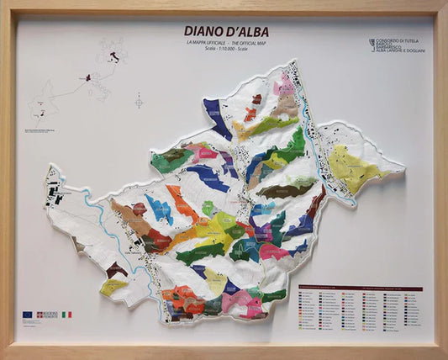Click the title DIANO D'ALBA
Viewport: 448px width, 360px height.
coord(227,32)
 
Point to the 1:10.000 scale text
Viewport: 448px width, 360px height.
coord(227,49)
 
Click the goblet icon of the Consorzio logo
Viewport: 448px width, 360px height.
coord(372,44)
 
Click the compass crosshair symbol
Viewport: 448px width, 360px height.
coord(139,101)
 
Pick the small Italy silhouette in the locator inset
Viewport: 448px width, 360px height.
coord(112,56)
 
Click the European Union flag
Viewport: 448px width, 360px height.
coord(27,315)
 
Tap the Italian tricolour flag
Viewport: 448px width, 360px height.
coord(66,315)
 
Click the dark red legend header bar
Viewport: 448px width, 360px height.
coord(360,289)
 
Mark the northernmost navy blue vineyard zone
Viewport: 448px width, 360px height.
coord(217,118)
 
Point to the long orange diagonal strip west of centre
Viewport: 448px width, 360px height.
coord(182,204)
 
